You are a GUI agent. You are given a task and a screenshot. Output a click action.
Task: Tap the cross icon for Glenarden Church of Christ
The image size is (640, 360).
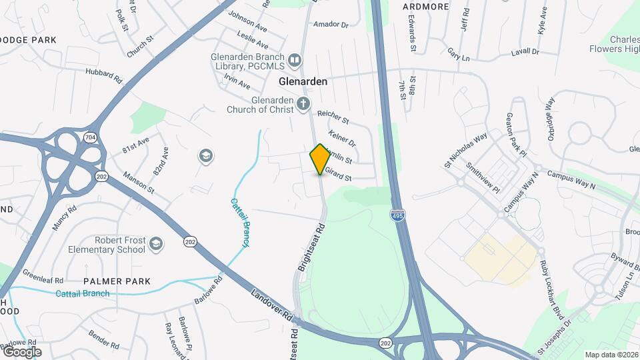click(x=304, y=103)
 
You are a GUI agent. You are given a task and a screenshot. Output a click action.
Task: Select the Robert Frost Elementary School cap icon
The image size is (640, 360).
click(x=156, y=243)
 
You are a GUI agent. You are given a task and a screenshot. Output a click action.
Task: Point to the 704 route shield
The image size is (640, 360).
click(x=89, y=137)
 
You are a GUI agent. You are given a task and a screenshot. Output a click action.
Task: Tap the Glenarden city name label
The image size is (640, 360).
click(x=303, y=81)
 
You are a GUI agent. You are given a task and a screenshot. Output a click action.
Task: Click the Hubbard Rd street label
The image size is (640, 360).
click(x=103, y=75)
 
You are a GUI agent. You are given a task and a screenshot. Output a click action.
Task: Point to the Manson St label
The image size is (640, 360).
click(x=139, y=183)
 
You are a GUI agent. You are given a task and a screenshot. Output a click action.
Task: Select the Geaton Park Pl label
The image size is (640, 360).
click(x=516, y=135)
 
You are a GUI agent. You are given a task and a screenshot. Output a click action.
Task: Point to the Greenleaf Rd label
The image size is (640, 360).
click(x=43, y=275)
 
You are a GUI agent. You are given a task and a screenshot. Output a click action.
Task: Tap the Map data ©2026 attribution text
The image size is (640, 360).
click(x=610, y=355)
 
